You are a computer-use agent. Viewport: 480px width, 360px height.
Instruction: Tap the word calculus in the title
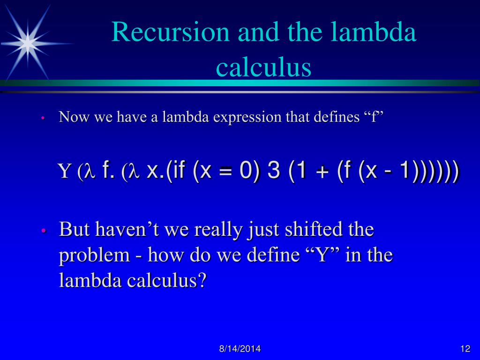(263, 67)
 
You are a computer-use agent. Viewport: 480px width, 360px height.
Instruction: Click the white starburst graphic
(28, 43)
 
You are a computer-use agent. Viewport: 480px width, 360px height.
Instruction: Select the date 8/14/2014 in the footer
(240, 349)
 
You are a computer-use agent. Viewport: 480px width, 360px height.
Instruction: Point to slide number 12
(465, 349)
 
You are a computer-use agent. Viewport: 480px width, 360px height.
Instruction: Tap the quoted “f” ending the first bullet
(374, 117)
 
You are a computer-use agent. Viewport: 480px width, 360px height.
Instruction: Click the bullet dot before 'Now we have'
(42, 118)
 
